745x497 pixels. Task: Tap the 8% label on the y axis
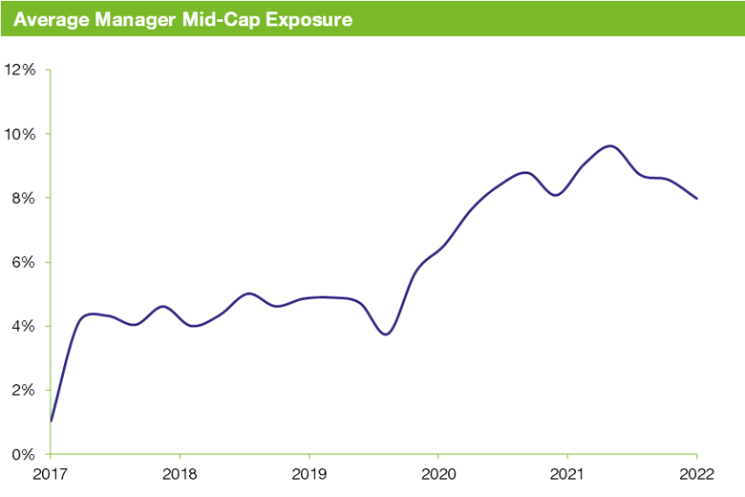[x=24, y=198]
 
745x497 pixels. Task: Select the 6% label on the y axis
[x=24, y=262]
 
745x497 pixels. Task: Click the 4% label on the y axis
[x=24, y=326]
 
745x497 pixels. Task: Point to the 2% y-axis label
[x=24, y=390]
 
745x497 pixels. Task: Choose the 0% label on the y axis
[x=24, y=454]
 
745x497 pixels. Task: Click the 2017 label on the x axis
[x=51, y=473]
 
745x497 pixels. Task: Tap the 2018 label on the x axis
[x=180, y=473]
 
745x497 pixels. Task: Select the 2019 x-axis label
[x=309, y=473]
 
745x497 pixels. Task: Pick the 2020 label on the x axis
[x=437, y=473]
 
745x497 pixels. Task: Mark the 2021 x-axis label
[x=567, y=473]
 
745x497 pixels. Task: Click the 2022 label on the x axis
[x=696, y=473]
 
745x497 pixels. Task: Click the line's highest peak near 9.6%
[x=609, y=146]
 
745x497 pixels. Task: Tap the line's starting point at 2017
[x=51, y=421]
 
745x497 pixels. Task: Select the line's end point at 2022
[x=696, y=199]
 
